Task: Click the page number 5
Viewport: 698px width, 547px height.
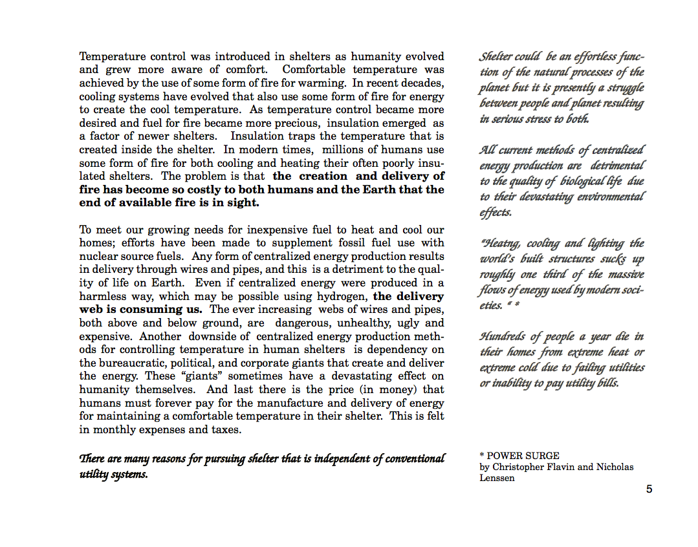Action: point(649,489)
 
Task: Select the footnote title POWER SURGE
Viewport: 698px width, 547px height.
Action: point(523,456)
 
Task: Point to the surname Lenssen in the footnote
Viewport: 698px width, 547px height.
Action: point(497,478)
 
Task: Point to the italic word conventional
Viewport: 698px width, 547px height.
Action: point(415,459)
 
